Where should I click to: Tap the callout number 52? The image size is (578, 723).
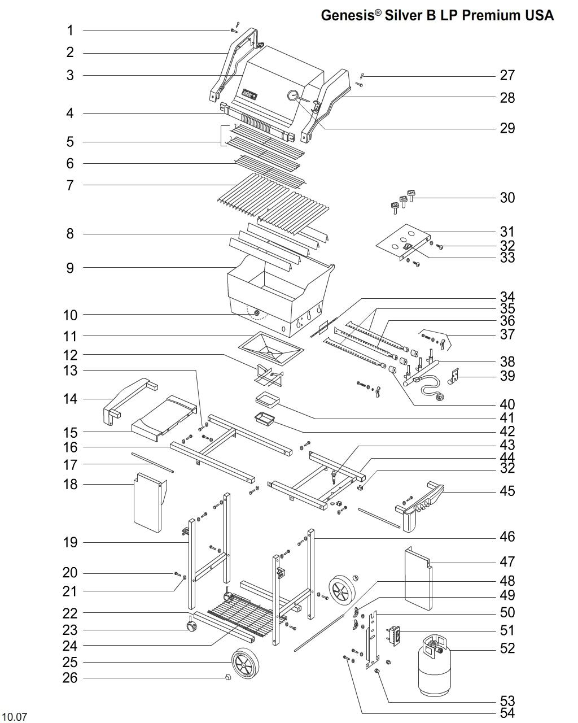point(507,648)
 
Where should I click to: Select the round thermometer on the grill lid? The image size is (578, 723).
point(293,96)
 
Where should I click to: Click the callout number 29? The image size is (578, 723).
point(507,128)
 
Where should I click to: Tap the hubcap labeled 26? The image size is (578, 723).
point(228,678)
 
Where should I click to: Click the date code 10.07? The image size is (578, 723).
point(15,717)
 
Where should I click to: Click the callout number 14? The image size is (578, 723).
point(70,399)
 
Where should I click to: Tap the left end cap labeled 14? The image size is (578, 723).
point(130,398)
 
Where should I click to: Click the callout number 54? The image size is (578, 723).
point(507,713)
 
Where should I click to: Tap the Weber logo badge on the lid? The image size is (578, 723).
point(249,94)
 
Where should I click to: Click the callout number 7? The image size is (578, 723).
point(70,185)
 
